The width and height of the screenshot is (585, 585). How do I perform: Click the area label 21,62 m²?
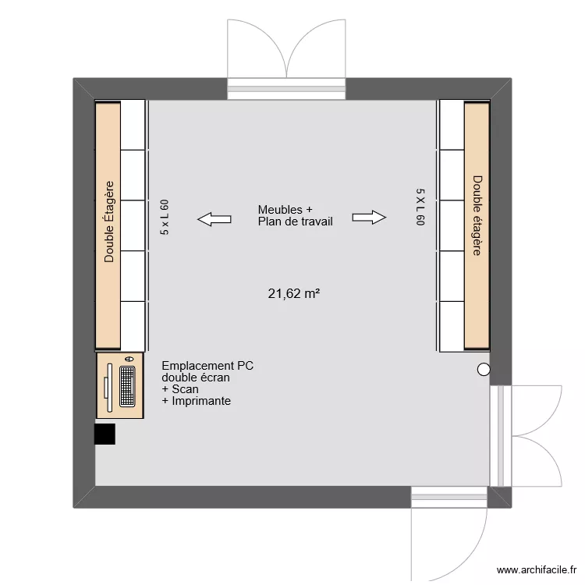[295, 294]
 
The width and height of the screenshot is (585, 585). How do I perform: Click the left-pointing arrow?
[214, 219]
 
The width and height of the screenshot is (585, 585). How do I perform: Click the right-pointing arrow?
[369, 218]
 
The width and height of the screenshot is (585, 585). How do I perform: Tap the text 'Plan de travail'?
[295, 222]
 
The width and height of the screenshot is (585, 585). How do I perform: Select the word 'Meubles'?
[278, 210]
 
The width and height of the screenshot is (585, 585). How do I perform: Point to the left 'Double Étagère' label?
[109, 222]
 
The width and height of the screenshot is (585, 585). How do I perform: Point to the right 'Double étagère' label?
[477, 215]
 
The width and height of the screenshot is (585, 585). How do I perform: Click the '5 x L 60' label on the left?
[165, 218]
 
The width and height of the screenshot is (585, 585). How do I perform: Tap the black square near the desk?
[105, 434]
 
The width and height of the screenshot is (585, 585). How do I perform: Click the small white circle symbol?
[484, 370]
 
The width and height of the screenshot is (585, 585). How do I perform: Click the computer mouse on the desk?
[129, 358]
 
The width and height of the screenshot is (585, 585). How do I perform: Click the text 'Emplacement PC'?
[207, 365]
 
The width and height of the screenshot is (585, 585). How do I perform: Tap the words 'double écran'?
[196, 378]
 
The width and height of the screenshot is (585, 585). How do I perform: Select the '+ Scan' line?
[180, 389]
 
